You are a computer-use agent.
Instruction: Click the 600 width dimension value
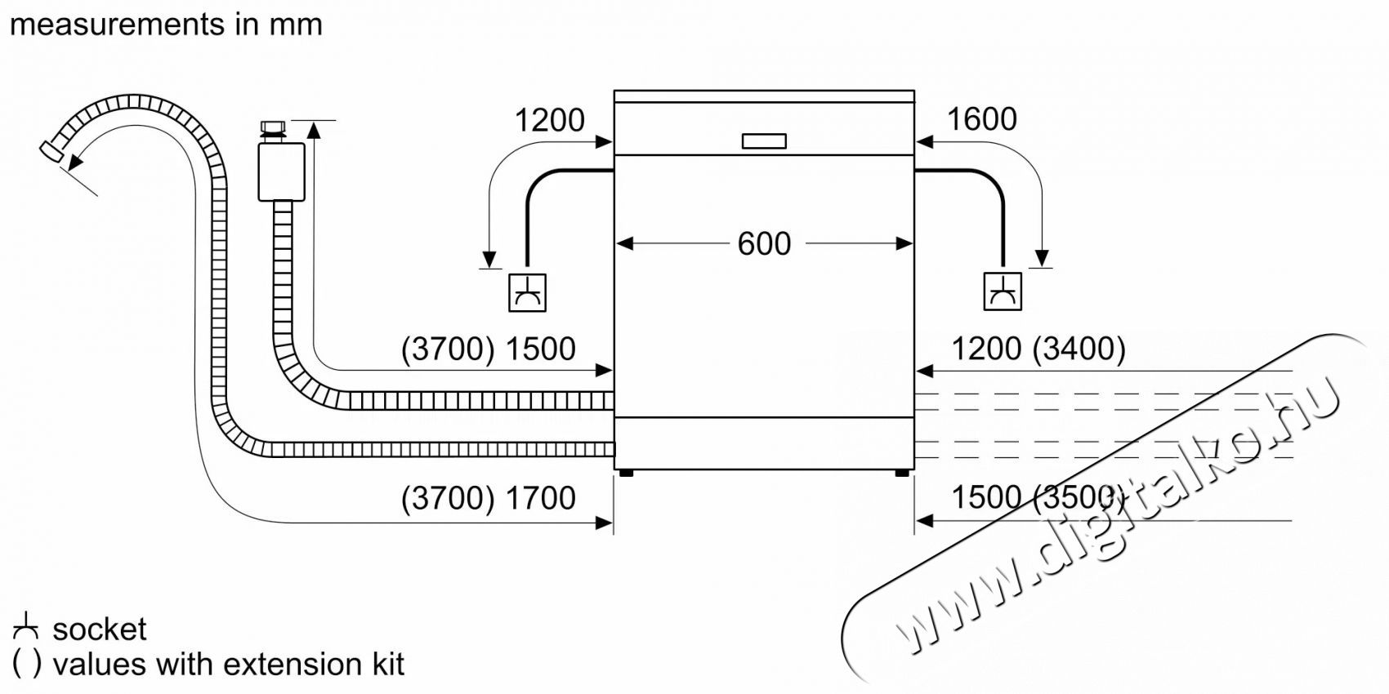[x=764, y=243]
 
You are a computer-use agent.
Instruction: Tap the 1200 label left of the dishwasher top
[x=549, y=121]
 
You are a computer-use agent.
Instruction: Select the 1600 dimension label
[x=981, y=120]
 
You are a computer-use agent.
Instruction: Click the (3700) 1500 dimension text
[x=489, y=349]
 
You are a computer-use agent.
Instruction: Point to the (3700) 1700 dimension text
[x=489, y=498]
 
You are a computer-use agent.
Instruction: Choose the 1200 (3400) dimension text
[x=1038, y=349]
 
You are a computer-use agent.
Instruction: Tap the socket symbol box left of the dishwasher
[x=527, y=291]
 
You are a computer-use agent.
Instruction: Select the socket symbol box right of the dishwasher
[x=1002, y=291]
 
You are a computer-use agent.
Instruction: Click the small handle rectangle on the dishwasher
[x=764, y=141]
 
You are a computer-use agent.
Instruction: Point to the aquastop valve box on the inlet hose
[x=281, y=171]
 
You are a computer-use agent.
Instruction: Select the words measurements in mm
[x=167, y=24]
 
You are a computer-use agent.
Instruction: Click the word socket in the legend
[x=99, y=629]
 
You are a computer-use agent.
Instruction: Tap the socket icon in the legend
[x=26, y=628]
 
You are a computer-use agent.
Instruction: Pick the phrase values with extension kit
[x=228, y=665]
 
